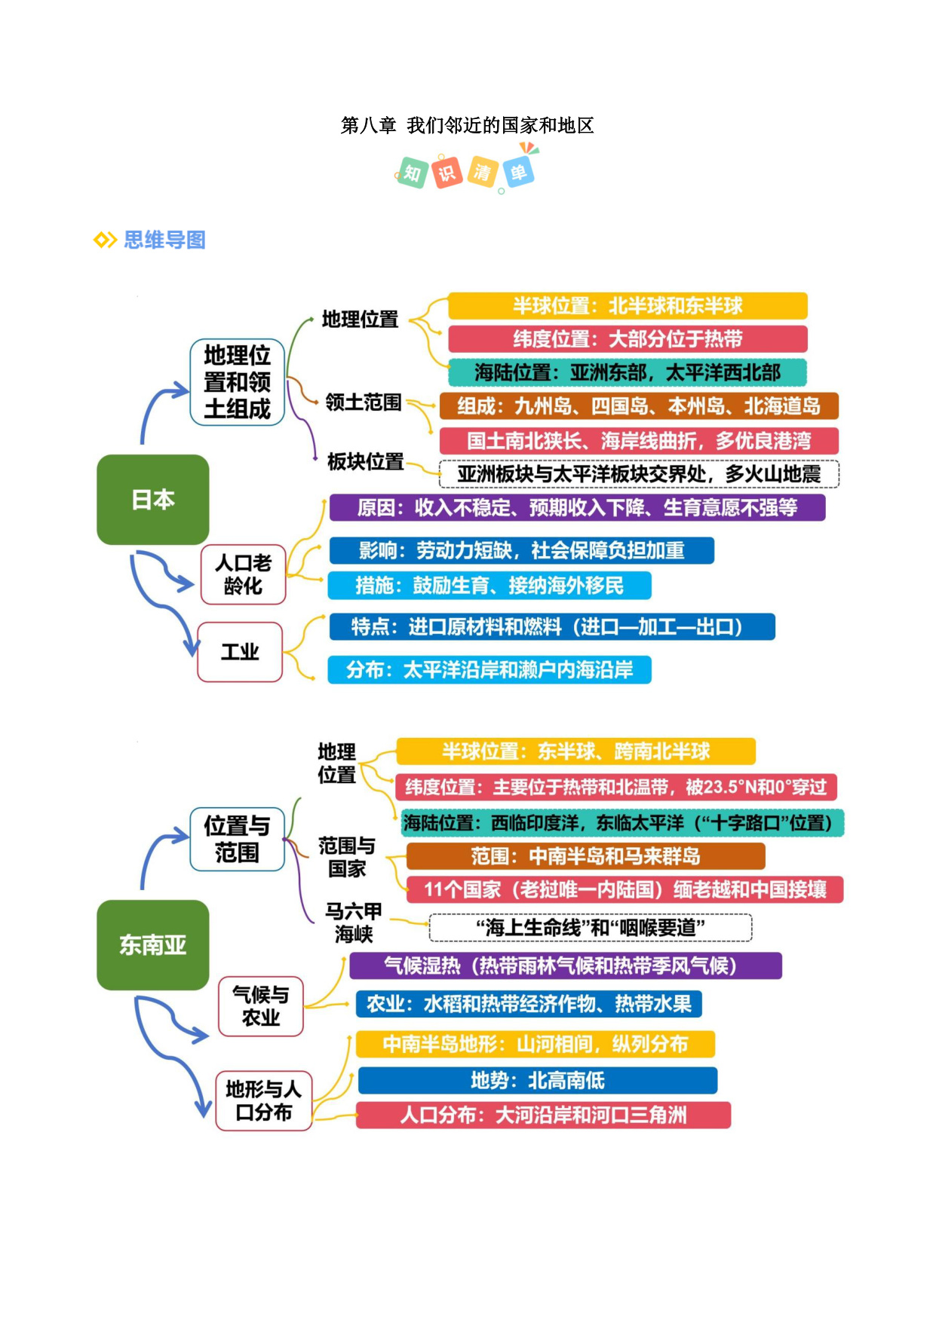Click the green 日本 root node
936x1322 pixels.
pyautogui.click(x=153, y=500)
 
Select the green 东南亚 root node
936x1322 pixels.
pyautogui.click(x=153, y=945)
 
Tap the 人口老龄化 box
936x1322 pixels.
pyautogui.click(x=243, y=574)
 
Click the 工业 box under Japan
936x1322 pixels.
pyautogui.click(x=240, y=652)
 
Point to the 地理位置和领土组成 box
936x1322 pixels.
pyautogui.click(x=237, y=382)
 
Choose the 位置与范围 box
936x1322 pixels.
pyautogui.click(x=237, y=839)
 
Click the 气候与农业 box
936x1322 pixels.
pyautogui.click(x=261, y=1006)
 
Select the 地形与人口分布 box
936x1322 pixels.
pyautogui.click(x=264, y=1100)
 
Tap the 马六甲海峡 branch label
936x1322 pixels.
pyautogui.click(x=354, y=923)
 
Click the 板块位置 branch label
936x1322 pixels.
pyautogui.click(x=366, y=461)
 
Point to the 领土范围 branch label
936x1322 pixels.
pyautogui.click(x=364, y=402)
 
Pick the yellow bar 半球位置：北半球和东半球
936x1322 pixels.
pyautogui.click(x=628, y=306)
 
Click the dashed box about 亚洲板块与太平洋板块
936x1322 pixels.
pyautogui.click(x=639, y=474)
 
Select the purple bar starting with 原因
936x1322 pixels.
pyautogui.click(x=577, y=507)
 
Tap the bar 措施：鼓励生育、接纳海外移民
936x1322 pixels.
pyautogui.click(x=489, y=586)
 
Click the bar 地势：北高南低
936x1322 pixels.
pyautogui.click(x=538, y=1081)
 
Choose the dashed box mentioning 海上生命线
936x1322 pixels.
pyautogui.click(x=591, y=928)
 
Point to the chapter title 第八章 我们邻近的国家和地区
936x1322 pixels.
pyautogui.click(x=468, y=125)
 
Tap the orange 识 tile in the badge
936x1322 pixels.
pyautogui.click(x=447, y=173)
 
